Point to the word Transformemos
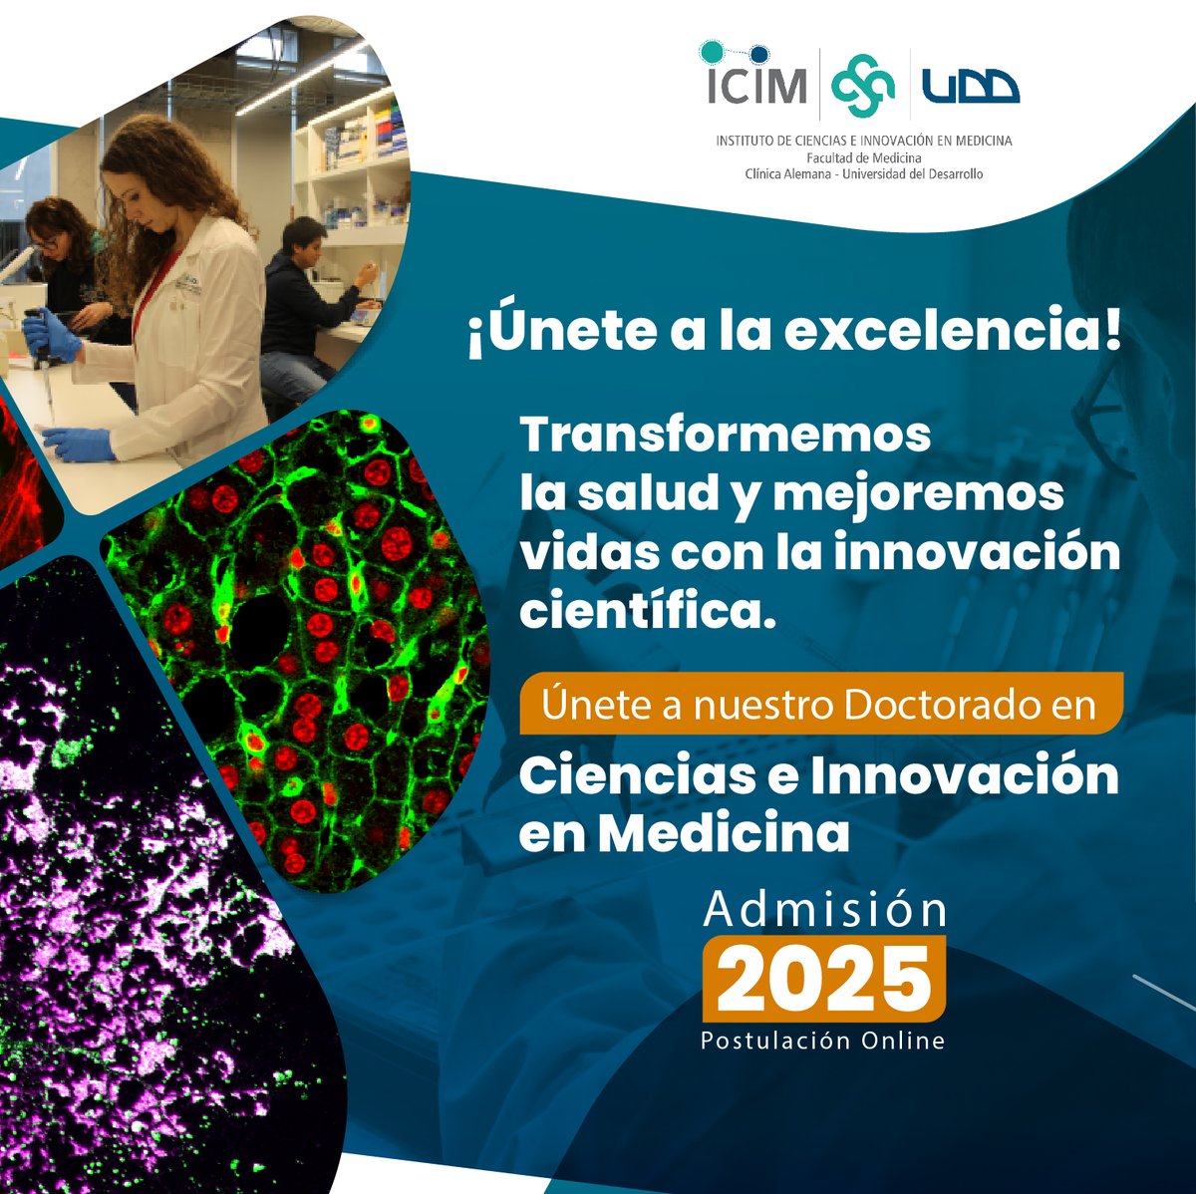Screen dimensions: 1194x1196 (725, 436)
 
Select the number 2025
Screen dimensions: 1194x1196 (823, 979)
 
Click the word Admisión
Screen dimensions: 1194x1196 (824, 909)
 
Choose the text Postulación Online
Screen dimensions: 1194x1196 (822, 1041)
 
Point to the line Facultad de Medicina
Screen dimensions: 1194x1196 (863, 157)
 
